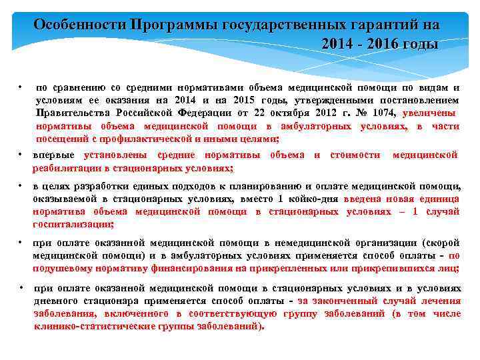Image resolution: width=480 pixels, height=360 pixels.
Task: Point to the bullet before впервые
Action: [x=21, y=155]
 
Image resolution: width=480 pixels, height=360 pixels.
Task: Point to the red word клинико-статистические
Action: [x=99, y=327]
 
